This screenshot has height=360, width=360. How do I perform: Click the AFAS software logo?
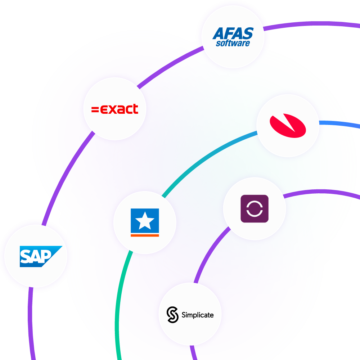[233, 37]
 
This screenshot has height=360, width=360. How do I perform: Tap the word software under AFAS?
[233, 44]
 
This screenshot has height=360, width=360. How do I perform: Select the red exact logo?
[115, 109]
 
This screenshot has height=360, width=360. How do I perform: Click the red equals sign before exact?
[95, 109]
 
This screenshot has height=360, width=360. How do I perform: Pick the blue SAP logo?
[40, 256]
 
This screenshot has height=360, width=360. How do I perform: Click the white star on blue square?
[145, 221]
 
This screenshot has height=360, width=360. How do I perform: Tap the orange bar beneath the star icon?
[145, 235]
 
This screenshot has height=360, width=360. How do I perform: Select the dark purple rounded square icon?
[255, 208]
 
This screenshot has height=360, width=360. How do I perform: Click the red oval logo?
[288, 126]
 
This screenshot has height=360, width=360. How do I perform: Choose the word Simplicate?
[197, 315]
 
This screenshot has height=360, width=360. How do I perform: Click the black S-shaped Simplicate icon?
[173, 315]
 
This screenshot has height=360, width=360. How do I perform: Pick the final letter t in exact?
[136, 109]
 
